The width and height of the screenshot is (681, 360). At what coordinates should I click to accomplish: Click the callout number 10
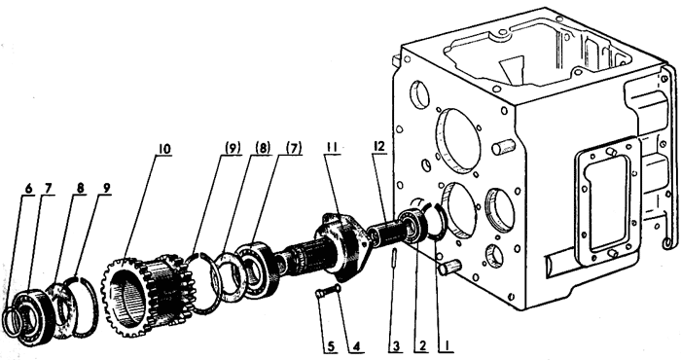[x=164, y=149]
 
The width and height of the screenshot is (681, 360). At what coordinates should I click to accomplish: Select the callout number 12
[x=379, y=146]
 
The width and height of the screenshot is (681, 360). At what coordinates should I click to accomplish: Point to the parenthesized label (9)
[x=233, y=148]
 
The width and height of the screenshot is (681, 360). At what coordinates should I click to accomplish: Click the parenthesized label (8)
[x=263, y=148]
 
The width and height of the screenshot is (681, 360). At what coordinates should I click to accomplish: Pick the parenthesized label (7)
[x=294, y=148]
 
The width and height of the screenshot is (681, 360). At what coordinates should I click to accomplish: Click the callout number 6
[x=28, y=189]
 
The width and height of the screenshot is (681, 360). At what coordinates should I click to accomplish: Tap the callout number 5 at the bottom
[x=332, y=346]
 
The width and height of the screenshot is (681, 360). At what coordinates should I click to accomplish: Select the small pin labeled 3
[x=394, y=259]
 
